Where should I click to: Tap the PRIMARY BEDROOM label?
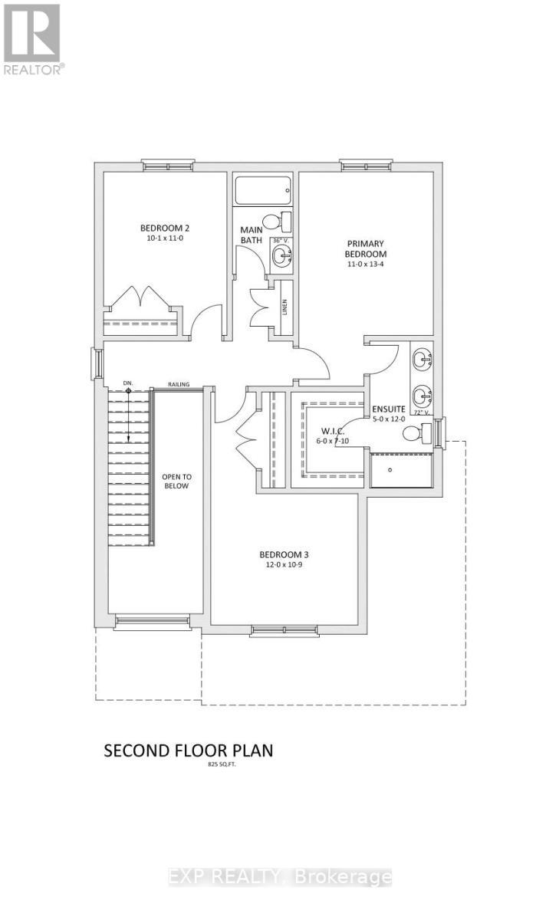[365, 248]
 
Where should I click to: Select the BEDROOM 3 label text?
[284, 554]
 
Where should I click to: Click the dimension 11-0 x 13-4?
[365, 264]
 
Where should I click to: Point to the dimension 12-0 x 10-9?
[284, 566]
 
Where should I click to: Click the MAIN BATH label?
[252, 235]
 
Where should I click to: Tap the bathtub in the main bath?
[263, 189]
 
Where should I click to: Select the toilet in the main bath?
[284, 221]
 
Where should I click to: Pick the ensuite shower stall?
[400, 470]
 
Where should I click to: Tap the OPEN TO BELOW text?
[176, 481]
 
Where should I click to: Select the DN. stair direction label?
[128, 382]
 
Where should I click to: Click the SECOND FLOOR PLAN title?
[188, 751]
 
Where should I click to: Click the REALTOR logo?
[32, 38]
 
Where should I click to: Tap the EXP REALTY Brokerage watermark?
[280, 877]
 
